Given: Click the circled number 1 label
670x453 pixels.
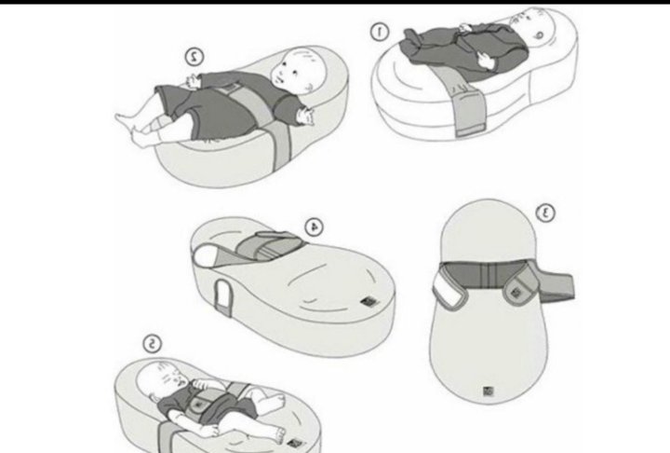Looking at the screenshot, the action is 379,32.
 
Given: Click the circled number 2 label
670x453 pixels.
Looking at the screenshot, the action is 194,57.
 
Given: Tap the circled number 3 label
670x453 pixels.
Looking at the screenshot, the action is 545,213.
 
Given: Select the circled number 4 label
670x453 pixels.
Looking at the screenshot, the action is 315,226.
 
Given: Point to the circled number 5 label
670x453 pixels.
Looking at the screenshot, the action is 152,344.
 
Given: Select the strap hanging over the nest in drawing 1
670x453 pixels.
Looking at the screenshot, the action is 466,104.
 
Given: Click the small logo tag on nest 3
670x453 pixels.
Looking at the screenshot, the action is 489,391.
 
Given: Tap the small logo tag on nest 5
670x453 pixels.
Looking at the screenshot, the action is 293,444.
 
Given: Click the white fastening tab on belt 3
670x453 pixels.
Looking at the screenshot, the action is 448,290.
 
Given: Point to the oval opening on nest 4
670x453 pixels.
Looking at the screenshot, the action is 207,255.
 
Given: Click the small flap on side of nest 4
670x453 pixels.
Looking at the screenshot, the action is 222,296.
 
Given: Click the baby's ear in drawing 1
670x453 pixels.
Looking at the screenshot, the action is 539,34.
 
